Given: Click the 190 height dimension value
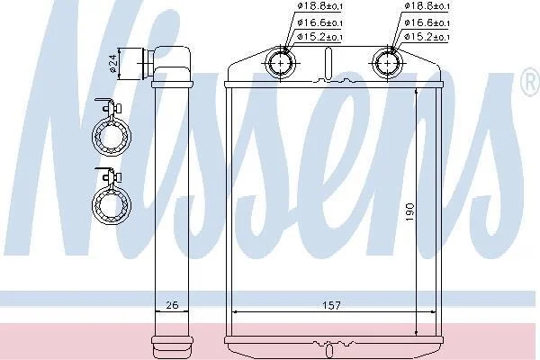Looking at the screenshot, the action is point(409,212).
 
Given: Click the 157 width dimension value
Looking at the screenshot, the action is point(331,305).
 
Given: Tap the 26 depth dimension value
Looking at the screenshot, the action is point(172,305).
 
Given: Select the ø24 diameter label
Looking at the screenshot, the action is point(113,64).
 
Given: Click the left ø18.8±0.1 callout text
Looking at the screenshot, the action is point(319,6).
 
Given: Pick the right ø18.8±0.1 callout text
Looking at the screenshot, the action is point(427,6).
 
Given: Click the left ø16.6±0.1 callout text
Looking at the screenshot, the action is point(319,22).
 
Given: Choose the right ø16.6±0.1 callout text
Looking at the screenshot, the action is point(427,22).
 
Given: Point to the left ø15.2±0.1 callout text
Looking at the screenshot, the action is point(319,37).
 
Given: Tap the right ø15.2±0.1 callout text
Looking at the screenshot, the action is point(427,37).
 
